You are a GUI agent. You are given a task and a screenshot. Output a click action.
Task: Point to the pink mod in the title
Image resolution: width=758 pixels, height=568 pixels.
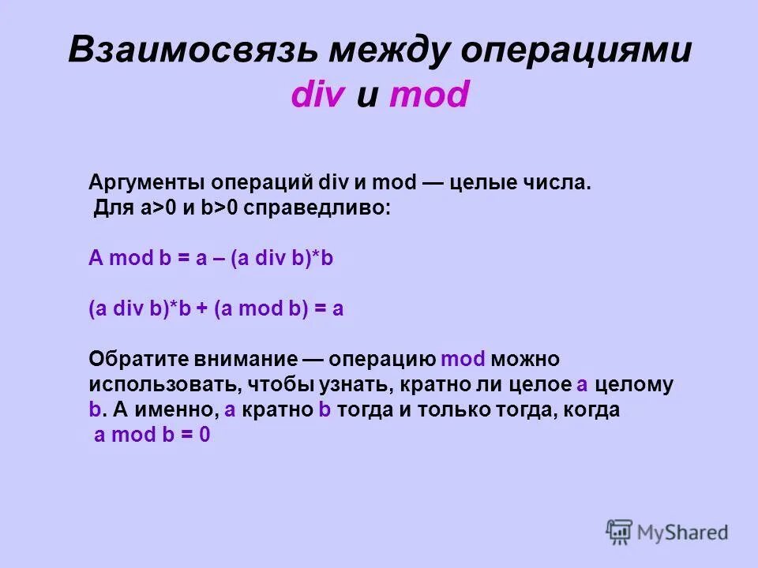point(430,96)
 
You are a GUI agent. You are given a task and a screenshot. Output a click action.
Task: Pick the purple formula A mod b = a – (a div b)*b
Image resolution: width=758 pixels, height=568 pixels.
point(211,260)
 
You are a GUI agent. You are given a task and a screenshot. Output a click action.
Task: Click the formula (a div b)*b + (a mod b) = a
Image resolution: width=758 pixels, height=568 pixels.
point(216,309)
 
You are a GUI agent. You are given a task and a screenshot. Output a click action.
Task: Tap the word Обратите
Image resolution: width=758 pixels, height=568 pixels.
point(129,360)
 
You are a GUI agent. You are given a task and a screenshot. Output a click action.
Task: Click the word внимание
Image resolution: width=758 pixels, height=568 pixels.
point(236,360)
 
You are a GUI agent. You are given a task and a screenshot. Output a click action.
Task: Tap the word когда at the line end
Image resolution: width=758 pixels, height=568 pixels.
point(589,410)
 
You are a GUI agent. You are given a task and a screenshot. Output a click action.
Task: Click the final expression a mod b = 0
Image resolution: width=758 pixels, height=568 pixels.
point(152,435)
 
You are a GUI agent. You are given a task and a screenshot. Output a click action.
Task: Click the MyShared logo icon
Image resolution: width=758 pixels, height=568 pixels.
point(619,532)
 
